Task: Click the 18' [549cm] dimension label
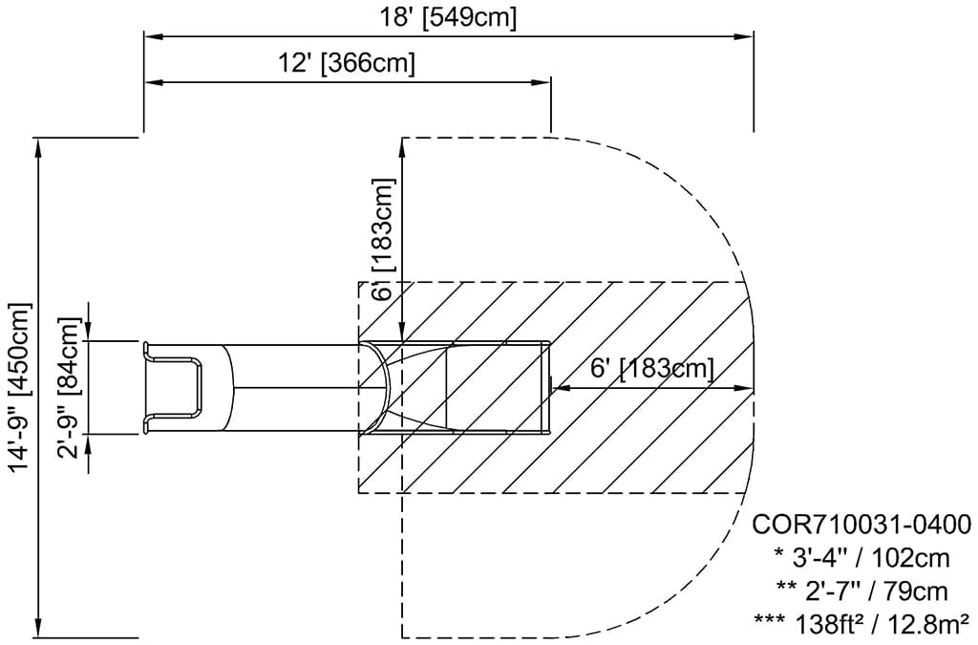(x=449, y=18)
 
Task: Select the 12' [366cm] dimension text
(x=346, y=63)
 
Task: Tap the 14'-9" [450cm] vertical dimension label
(x=20, y=387)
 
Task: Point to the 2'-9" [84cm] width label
(x=70, y=387)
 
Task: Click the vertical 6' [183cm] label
(x=384, y=239)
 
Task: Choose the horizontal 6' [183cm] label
(x=651, y=369)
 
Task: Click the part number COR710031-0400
(x=861, y=525)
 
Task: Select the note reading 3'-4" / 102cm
(x=861, y=557)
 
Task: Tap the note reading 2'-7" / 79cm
(x=861, y=591)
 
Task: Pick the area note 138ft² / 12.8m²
(x=861, y=622)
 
